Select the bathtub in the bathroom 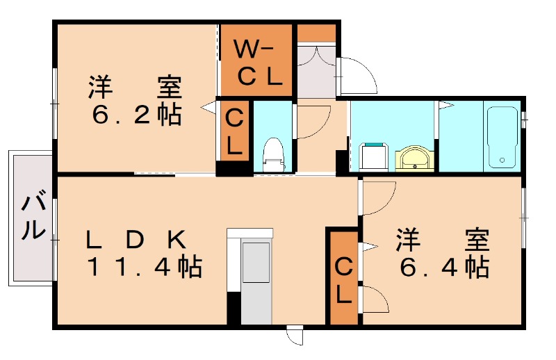(502, 137)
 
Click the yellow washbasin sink (415, 158)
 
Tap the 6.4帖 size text (442, 266)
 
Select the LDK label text (136, 240)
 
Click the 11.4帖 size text (144, 267)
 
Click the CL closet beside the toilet (234, 132)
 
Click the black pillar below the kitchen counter (234, 309)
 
